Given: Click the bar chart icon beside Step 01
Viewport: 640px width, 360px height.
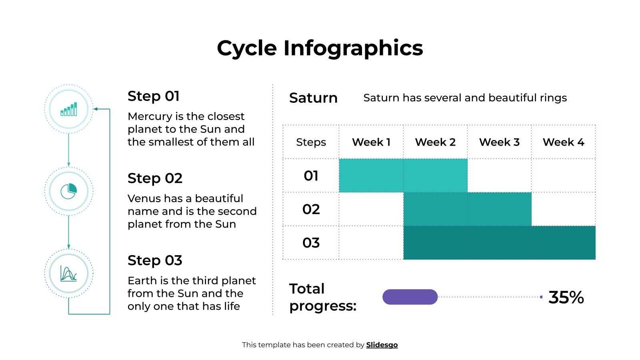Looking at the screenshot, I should click(69, 109).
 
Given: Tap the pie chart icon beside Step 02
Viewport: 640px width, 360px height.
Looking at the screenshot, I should click(69, 191).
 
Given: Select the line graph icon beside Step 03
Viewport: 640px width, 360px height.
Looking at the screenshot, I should click(69, 274).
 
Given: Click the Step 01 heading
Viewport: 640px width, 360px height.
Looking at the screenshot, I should click(154, 96).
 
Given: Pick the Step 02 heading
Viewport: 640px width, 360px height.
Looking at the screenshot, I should click(155, 178).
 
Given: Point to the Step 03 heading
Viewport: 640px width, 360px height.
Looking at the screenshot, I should click(155, 260).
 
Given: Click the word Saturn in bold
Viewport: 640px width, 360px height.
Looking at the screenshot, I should click(313, 98).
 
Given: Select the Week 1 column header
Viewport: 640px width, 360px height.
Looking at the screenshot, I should click(371, 142).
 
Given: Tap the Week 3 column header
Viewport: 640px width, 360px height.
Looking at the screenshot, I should click(499, 142).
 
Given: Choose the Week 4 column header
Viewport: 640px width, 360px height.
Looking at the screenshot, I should click(563, 142).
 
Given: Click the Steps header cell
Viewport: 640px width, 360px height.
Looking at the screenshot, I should click(311, 142).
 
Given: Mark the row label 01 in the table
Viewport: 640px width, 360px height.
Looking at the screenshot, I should click(311, 176).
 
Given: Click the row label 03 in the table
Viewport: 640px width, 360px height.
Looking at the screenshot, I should click(311, 243).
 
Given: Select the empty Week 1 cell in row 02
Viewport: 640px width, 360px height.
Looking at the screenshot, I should click(371, 209).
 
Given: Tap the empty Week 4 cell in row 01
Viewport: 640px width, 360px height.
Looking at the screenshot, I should click(563, 176).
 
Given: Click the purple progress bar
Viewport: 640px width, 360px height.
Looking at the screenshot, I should click(410, 297).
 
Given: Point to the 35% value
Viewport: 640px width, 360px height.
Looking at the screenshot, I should click(566, 297).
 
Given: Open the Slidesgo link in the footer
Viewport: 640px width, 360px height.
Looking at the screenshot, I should click(382, 345).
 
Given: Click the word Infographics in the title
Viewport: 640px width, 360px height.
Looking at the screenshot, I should click(353, 48).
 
